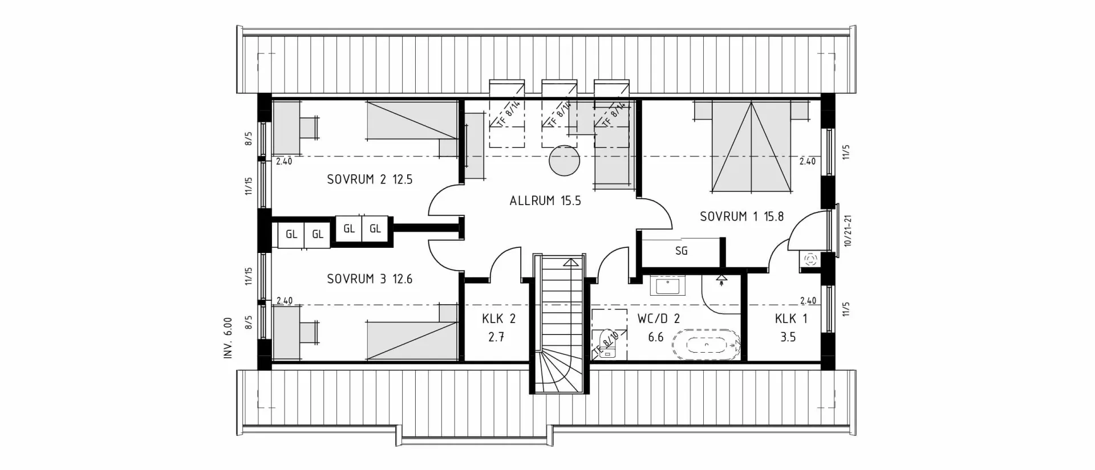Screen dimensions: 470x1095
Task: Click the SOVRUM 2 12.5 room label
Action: [x=369, y=179]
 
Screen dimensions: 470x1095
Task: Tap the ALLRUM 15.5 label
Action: [x=545, y=201]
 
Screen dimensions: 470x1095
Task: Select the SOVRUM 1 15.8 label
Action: [x=741, y=216]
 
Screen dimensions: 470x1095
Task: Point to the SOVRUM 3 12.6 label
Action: [x=369, y=279]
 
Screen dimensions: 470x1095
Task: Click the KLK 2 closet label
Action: [x=498, y=319]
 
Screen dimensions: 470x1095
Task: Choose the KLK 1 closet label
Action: [x=790, y=319]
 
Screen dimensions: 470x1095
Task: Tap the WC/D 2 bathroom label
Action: [x=658, y=319]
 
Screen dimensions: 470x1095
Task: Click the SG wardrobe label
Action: [x=681, y=251]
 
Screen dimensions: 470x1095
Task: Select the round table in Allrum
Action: [x=564, y=162]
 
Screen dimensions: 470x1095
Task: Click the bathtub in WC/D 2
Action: [x=706, y=344]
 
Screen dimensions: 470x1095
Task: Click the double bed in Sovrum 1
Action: [x=751, y=146]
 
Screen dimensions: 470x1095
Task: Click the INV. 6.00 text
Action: [x=228, y=338]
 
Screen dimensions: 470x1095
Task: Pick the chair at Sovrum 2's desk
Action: [x=310, y=127]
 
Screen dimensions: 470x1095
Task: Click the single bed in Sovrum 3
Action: [x=412, y=340]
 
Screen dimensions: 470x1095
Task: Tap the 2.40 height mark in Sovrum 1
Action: [x=807, y=162]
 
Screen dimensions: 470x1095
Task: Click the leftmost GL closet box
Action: [x=291, y=234]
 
